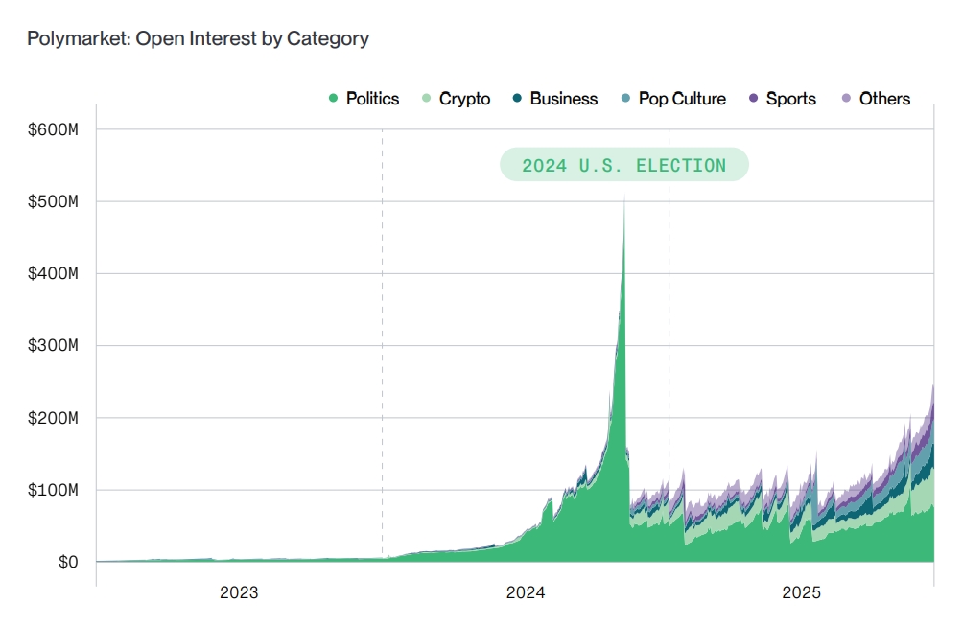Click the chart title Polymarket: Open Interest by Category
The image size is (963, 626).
click(x=198, y=38)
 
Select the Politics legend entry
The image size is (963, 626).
click(x=364, y=99)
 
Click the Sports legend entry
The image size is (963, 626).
click(x=782, y=99)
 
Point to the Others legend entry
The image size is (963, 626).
click(x=876, y=99)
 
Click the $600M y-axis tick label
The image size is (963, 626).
click(x=54, y=129)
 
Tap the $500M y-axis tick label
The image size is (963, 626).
click(x=54, y=201)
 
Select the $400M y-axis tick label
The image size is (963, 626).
click(x=54, y=273)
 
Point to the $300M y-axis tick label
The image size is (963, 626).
click(x=54, y=346)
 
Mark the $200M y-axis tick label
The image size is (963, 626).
click(x=54, y=418)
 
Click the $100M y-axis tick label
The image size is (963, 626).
click(x=54, y=490)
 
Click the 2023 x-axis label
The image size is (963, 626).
click(x=239, y=593)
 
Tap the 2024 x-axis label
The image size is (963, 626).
click(x=526, y=593)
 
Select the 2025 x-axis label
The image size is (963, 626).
click(x=802, y=593)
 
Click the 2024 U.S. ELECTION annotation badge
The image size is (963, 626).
click(x=623, y=165)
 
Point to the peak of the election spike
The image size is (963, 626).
click(x=624, y=197)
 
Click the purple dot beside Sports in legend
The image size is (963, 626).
click(x=753, y=99)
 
